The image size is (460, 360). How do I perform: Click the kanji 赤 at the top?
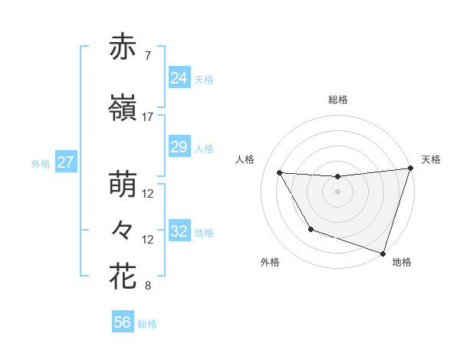[123, 49]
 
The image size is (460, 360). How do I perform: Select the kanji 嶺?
[123, 110]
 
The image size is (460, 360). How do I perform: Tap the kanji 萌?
[123, 186]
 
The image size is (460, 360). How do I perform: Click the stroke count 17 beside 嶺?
[148, 117]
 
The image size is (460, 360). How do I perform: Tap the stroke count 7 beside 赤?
[147, 57]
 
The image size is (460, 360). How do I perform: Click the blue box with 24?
[179, 78]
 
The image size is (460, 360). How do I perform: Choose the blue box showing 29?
[179, 147]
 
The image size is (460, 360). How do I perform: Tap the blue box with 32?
[179, 231]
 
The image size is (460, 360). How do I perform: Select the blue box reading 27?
[65, 163]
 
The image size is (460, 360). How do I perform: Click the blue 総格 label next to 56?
[147, 324]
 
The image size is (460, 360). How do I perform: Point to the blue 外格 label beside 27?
[41, 164]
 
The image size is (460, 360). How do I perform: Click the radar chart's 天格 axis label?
[431, 159]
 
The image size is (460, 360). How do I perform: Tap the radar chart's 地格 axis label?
[402, 262]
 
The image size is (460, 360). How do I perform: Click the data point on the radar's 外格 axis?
[310, 229]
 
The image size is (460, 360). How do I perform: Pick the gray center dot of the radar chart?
[337, 192]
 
